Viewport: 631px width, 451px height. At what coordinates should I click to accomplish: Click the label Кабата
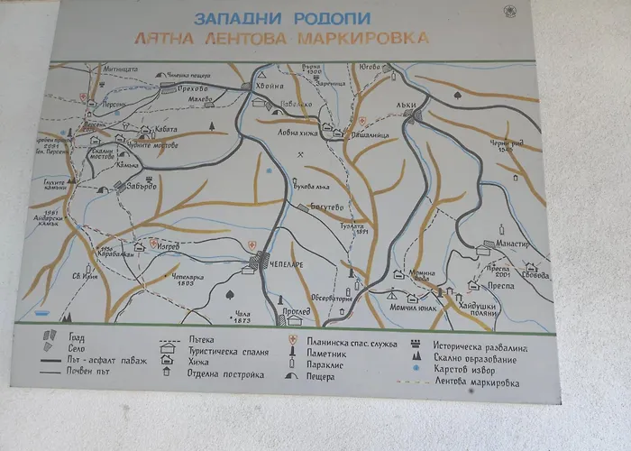[x=164, y=130]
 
